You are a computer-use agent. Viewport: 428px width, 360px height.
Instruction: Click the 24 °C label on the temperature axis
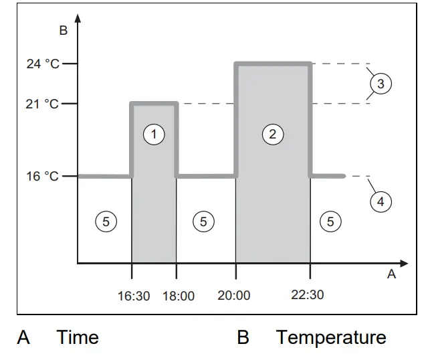coord(43,64)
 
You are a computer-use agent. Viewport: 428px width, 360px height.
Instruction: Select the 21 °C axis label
coord(43,104)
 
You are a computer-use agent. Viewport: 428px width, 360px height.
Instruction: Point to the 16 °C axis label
coord(43,177)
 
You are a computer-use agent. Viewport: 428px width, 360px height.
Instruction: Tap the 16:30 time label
coord(134,295)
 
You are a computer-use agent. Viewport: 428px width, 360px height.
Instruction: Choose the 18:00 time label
coord(179,296)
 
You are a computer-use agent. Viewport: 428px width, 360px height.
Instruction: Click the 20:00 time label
coord(234,295)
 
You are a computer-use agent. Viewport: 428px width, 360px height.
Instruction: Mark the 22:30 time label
coord(308,294)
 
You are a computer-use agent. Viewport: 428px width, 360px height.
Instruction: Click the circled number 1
coord(154,134)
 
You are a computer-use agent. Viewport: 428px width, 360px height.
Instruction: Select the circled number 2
coord(272,134)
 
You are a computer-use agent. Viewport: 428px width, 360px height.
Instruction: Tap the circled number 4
coord(381,201)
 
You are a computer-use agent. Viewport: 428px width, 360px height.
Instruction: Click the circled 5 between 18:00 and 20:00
coord(204,221)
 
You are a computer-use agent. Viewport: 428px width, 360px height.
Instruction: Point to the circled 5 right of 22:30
coord(330,221)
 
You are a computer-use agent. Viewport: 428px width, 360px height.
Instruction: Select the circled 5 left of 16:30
coord(105,221)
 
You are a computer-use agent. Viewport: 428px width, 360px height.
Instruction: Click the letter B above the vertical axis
coord(63,30)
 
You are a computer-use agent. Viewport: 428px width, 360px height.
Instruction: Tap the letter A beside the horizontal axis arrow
coord(392,274)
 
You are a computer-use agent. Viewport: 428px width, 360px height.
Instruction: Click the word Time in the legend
coord(78,337)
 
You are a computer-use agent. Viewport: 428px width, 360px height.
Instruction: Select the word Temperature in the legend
coord(331,337)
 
